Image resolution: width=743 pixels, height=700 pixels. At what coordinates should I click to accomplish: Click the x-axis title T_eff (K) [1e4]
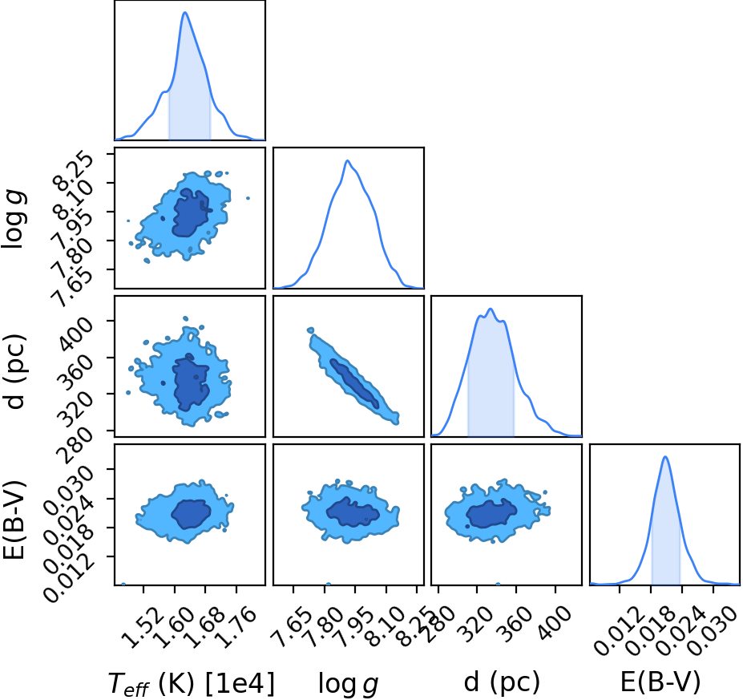pos(192,683)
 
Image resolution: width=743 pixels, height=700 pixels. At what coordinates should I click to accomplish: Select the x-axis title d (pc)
pos(502,683)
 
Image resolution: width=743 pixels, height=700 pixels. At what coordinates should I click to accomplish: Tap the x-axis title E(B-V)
pos(660,683)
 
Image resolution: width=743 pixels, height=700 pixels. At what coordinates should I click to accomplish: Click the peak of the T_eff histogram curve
pos(185,12)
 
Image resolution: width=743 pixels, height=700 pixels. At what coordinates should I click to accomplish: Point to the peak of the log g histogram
pos(347,160)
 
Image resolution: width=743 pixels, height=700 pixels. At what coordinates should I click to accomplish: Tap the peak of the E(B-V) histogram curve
pos(665,457)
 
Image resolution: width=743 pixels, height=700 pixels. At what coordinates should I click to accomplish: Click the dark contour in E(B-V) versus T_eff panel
pos(191,514)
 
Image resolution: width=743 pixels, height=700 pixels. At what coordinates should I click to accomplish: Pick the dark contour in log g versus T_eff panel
pos(191,213)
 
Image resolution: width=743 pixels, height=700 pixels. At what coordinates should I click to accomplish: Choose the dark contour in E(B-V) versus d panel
pos(491,513)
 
